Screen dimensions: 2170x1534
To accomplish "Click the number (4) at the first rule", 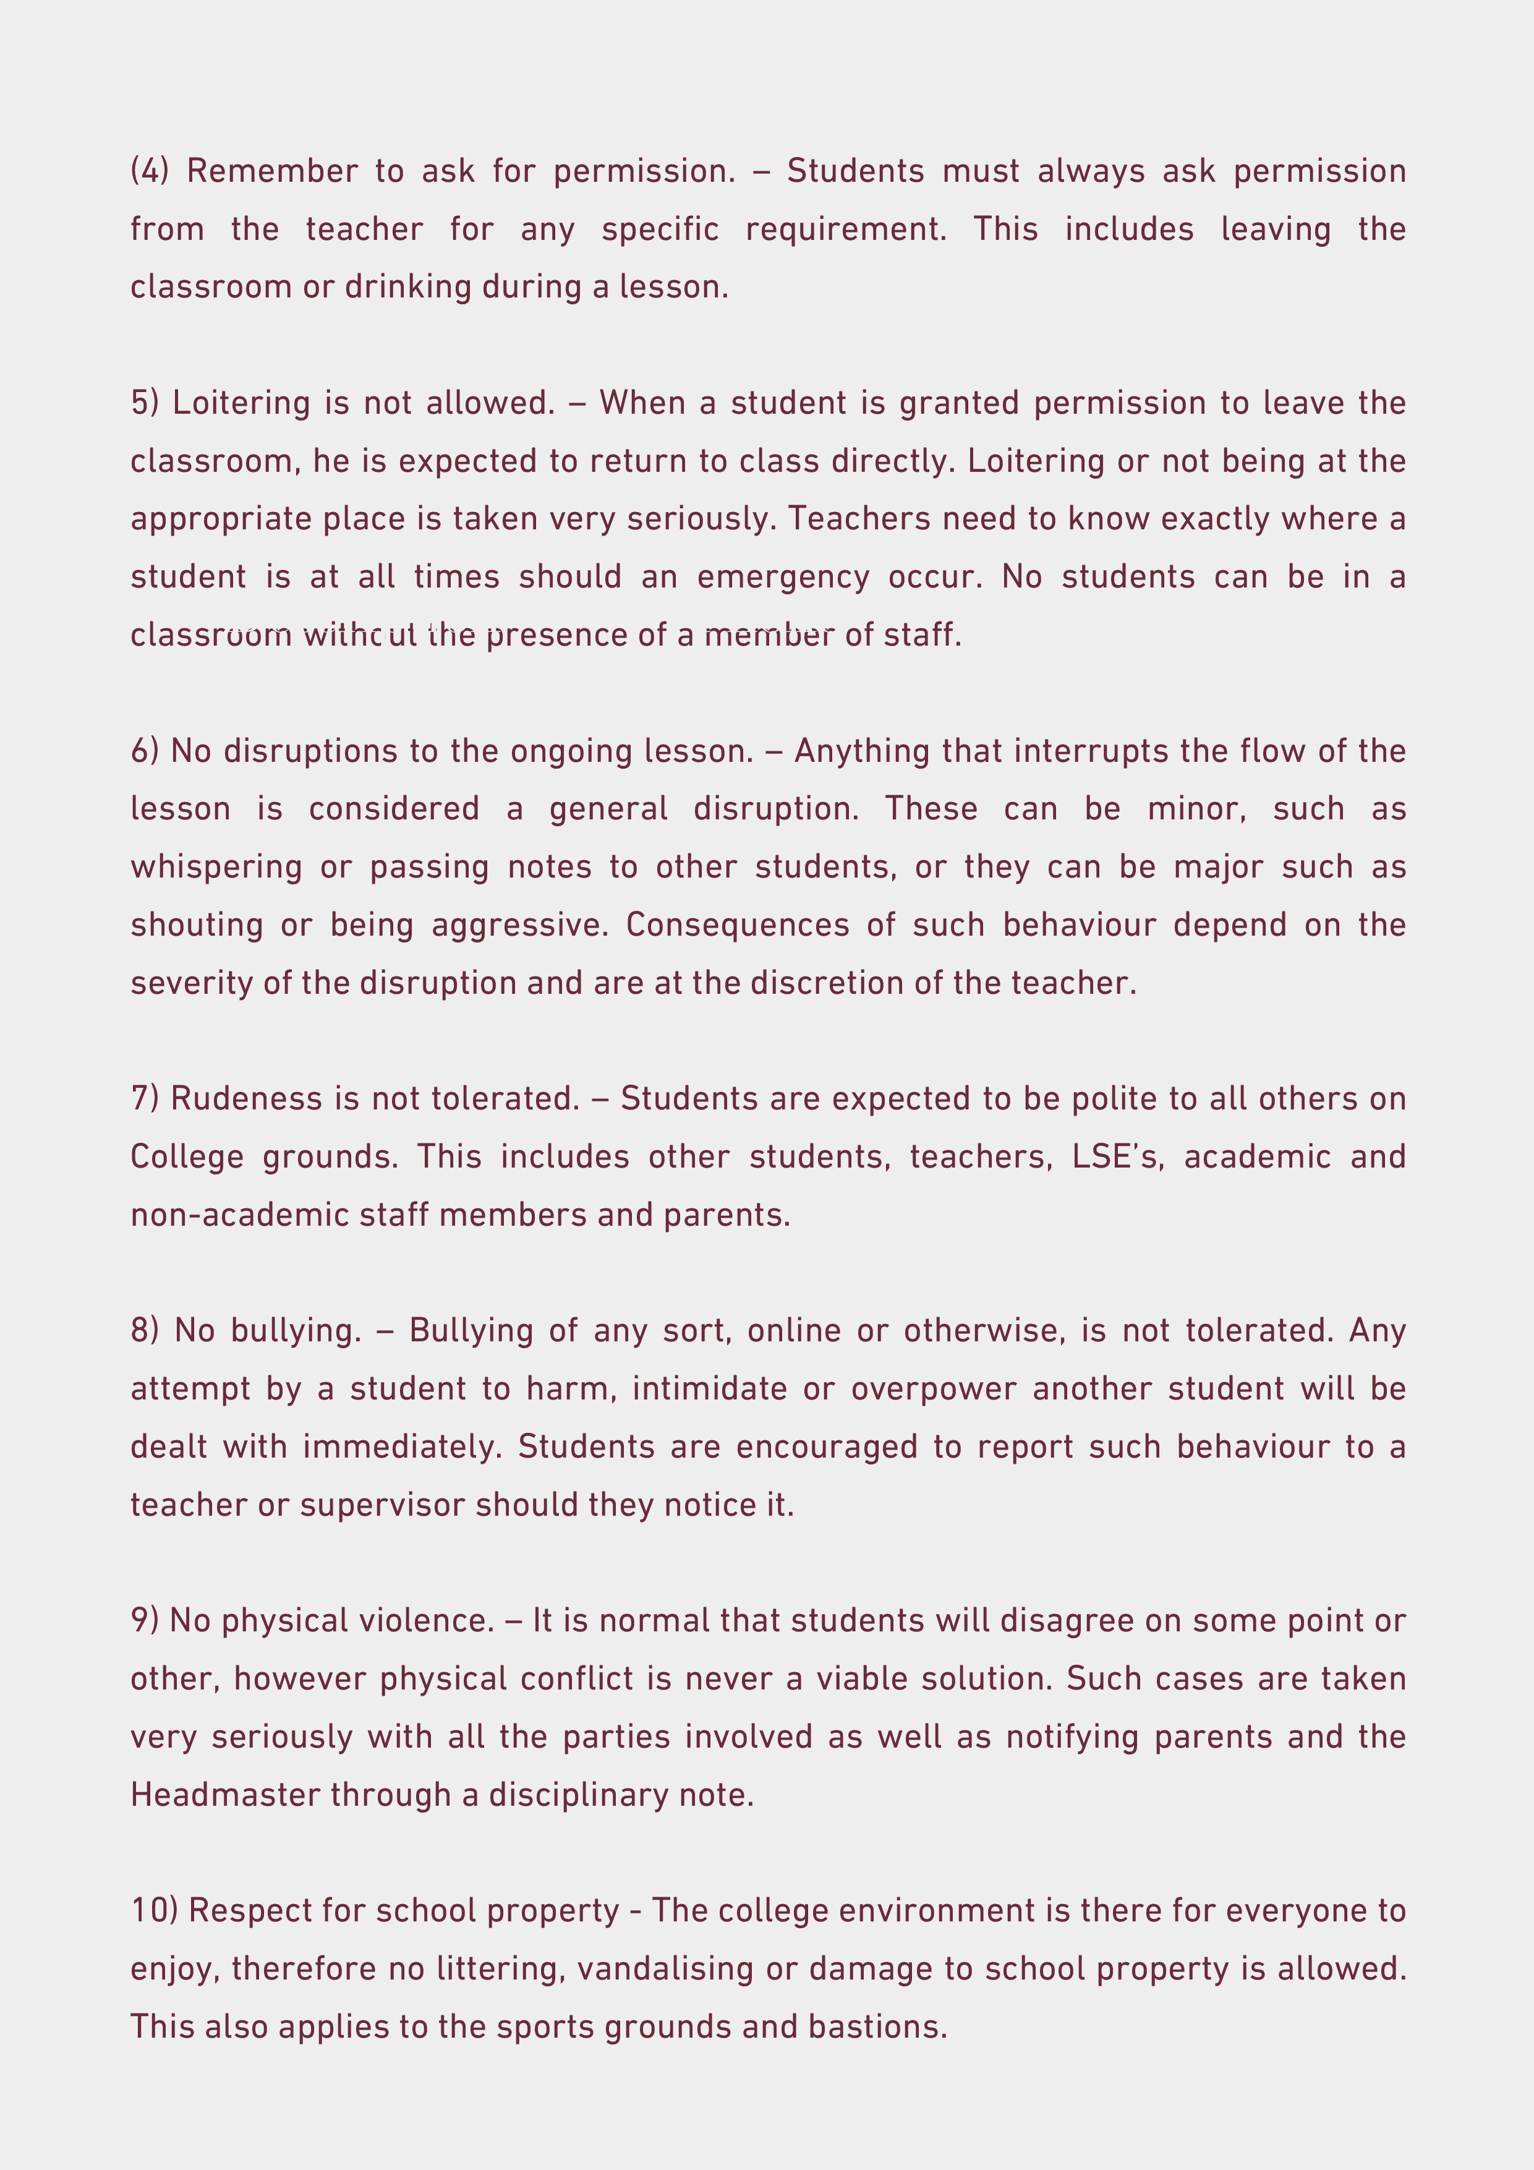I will (150, 171).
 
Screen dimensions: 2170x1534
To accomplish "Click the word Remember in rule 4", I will (272, 171).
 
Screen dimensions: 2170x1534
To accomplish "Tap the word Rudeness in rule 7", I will (247, 1099).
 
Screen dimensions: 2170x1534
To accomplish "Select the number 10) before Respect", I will (153, 1910).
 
